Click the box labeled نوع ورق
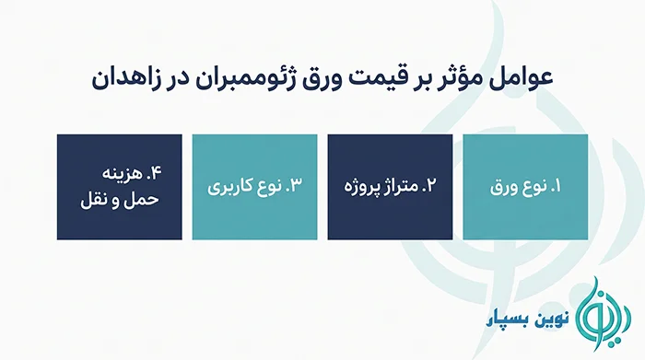[x=525, y=187]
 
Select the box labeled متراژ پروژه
[x=390, y=187]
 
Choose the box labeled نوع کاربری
[x=254, y=187]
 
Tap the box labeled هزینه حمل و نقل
[x=119, y=187]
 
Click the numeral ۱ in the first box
[x=557, y=187]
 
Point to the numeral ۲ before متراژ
[x=429, y=186]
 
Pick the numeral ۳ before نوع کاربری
[x=296, y=185]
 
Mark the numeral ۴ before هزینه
[x=156, y=173]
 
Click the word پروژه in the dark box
[x=358, y=188]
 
